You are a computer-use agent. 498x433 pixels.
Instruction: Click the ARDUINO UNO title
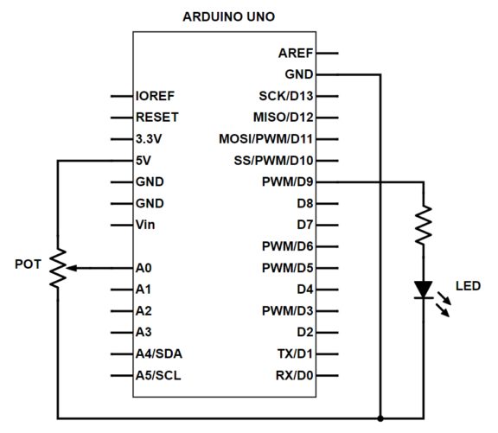tap(231, 16)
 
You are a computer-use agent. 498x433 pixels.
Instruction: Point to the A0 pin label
tap(144, 268)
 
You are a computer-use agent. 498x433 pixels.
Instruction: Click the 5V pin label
tap(144, 161)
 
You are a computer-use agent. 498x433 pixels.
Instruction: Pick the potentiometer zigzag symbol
tap(58, 268)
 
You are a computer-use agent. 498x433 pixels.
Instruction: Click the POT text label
tap(26, 263)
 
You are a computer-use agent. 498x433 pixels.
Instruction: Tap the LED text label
tap(468, 286)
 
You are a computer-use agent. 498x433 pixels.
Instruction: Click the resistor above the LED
tap(424, 224)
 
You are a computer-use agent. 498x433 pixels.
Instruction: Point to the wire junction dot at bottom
tap(381, 418)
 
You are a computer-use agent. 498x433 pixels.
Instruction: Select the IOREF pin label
tap(156, 96)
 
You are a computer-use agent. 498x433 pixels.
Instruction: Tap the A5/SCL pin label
tap(158, 375)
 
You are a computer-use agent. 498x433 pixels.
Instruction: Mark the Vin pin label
tap(146, 225)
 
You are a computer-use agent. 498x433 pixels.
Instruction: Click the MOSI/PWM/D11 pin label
tap(267, 139)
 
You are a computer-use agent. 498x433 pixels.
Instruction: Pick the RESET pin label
tap(157, 118)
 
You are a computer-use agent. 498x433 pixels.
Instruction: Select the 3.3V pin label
tap(149, 139)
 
